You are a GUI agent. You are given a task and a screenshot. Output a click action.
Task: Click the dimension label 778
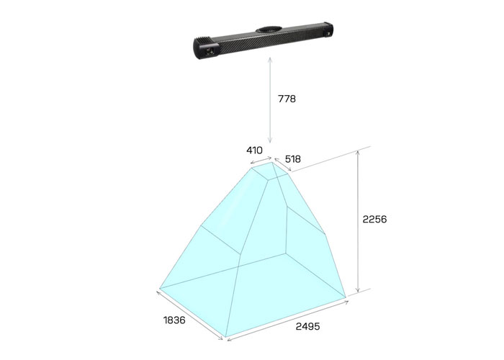(x=287, y=99)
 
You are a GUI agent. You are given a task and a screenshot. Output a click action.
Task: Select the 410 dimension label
(x=254, y=150)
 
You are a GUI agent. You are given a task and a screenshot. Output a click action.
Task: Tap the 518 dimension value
(x=293, y=159)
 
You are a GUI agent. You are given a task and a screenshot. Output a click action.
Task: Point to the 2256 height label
(x=374, y=219)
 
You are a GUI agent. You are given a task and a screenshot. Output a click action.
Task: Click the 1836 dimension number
(x=174, y=320)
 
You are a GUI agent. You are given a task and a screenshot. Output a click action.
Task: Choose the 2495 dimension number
(x=307, y=327)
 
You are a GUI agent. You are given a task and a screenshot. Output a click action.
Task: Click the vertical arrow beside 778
(x=270, y=100)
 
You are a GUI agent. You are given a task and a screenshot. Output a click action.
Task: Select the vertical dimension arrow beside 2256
(x=357, y=222)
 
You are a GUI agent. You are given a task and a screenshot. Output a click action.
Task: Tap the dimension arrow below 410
(x=261, y=160)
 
